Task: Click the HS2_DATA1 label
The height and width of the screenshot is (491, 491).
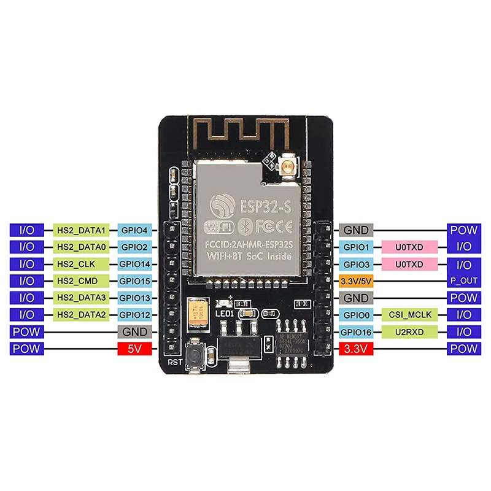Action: pos(82,230)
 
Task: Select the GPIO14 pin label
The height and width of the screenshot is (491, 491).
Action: pos(134,264)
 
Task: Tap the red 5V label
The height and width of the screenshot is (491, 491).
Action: pos(134,349)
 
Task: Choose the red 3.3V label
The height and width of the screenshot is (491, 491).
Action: pos(356,349)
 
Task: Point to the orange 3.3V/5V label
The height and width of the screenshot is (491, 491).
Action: pos(356,281)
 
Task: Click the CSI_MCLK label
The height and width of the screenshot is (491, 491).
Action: pos(409,315)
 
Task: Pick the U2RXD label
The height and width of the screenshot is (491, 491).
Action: pos(409,332)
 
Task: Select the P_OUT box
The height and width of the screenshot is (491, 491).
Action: pos(463,281)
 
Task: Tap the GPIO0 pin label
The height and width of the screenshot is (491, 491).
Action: pos(356,315)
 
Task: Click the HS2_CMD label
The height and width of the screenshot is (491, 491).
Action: pos(82,281)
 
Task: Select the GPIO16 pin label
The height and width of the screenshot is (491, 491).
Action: pos(356,332)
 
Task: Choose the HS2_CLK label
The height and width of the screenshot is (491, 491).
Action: pos(82,264)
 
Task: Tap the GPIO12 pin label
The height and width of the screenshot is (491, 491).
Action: pos(134,315)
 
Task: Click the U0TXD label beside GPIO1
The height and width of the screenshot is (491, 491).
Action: pos(409,247)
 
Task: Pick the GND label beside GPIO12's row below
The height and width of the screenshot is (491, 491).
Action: pos(134,332)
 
